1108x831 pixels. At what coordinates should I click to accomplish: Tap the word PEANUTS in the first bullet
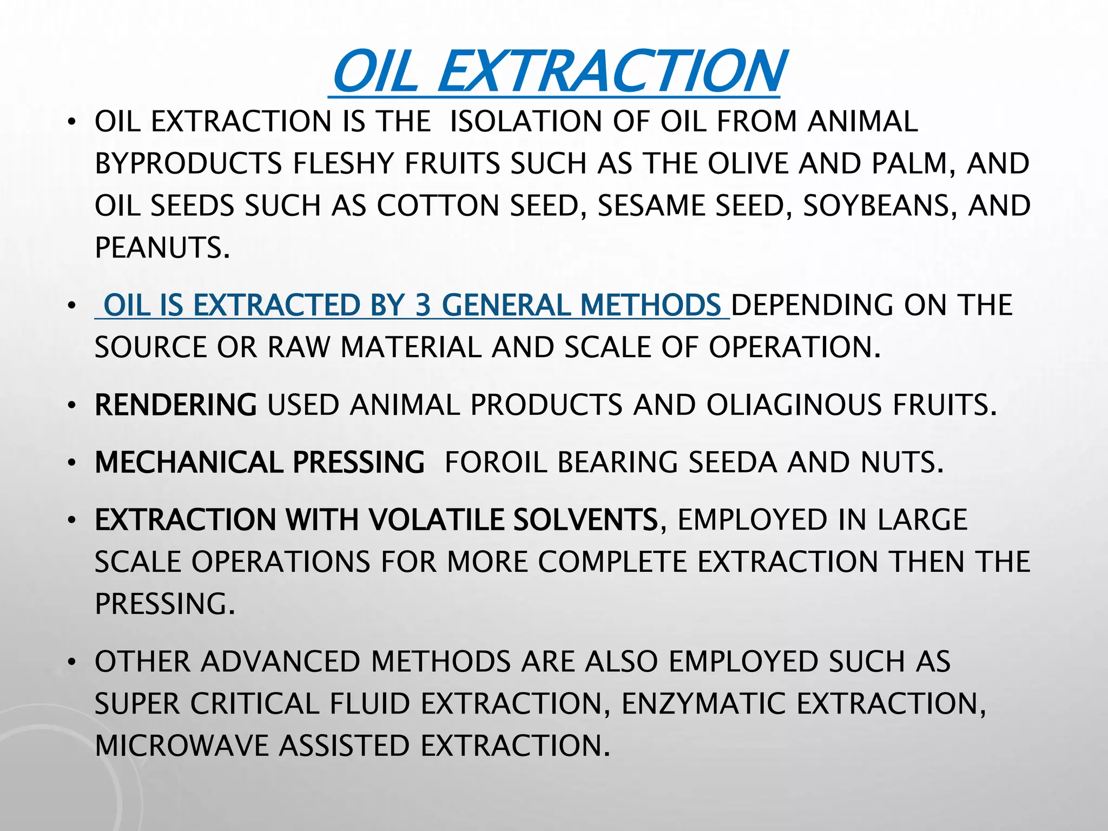[x=162, y=248]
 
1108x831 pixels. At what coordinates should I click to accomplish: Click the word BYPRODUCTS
[x=188, y=163]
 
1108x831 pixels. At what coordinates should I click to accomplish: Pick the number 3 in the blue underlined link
[x=423, y=305]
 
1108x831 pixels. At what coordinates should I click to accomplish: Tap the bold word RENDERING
[x=176, y=405]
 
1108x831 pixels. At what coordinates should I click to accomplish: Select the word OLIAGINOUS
[x=794, y=405]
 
